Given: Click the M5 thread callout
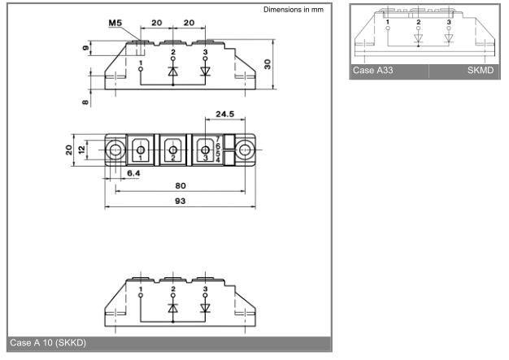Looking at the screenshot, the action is pos(115,23).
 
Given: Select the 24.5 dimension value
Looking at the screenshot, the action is pos(225,114).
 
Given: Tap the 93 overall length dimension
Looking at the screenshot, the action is pos(181,201).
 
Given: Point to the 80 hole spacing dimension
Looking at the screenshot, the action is pos(181,186).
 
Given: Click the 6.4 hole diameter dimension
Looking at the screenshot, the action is pos(133,174).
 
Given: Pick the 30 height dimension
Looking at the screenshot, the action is pos(268,64).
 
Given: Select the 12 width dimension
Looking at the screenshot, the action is pos(81,150).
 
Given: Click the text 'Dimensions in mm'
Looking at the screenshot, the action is pos(294,10).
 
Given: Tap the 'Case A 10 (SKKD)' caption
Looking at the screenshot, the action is pos(48,343).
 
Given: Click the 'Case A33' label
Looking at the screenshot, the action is pos(373,71).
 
